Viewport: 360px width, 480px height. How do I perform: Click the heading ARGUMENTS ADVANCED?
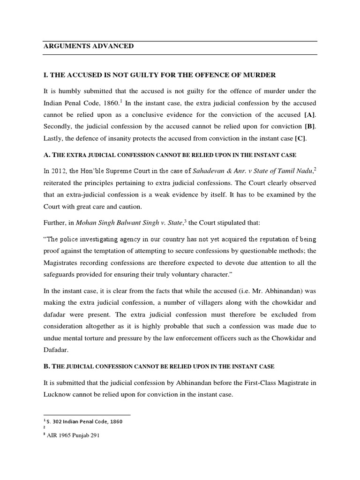coord(88,46)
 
